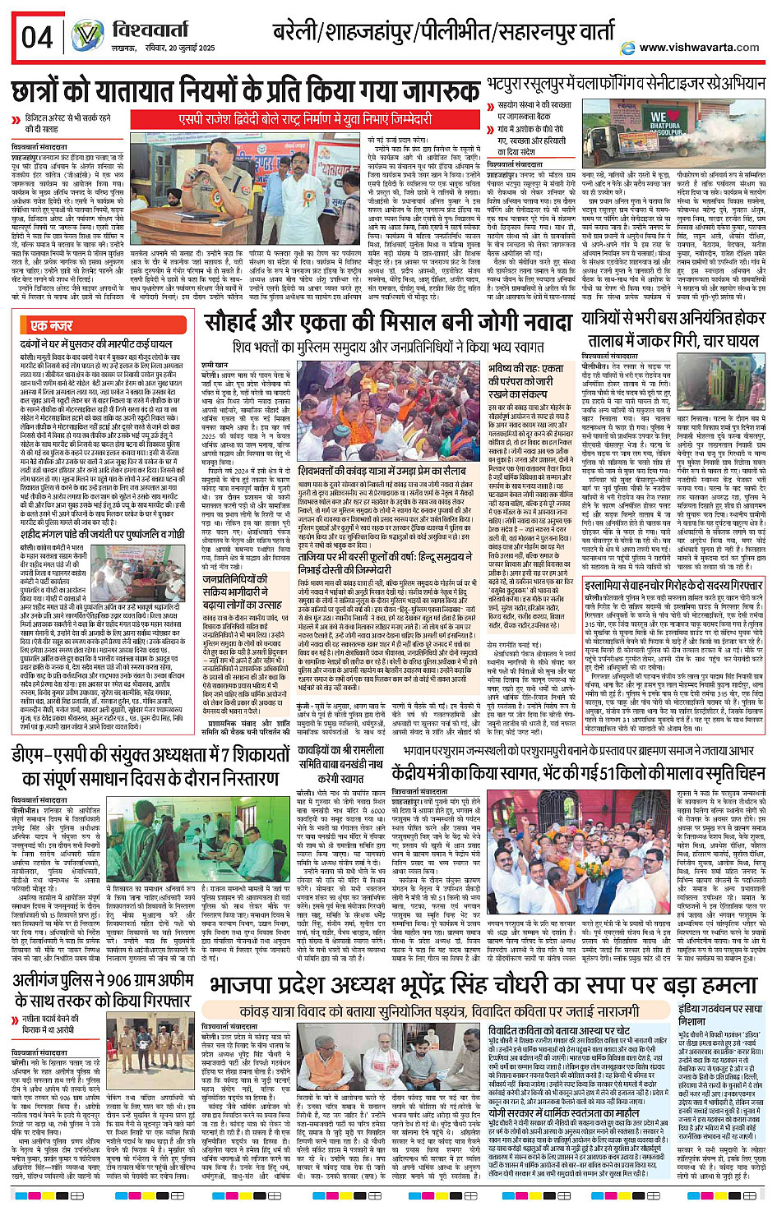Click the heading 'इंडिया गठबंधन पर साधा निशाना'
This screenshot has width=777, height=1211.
[x=720, y=1014]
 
